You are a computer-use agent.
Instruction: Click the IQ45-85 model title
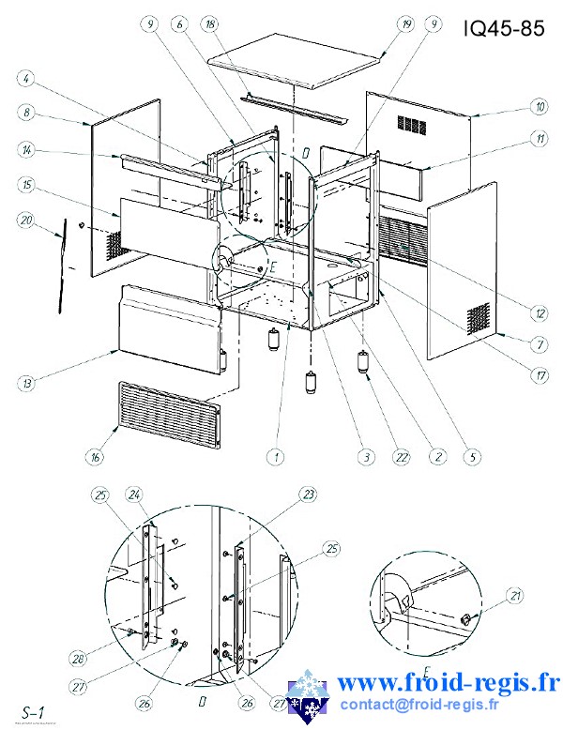[504, 29]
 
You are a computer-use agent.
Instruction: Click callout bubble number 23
[308, 494]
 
